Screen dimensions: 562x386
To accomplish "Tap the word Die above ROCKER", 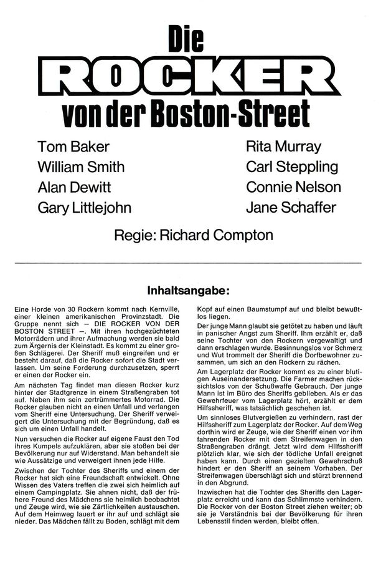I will [186, 41].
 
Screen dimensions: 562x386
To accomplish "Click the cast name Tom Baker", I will [73, 147].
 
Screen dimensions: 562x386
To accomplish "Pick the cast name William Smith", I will [81, 167].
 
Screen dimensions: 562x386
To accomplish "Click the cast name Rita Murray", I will [283, 147].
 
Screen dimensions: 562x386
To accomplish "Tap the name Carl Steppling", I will [292, 167].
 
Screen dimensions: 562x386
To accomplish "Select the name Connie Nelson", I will [293, 187].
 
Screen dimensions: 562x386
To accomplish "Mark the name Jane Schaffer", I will [291, 208].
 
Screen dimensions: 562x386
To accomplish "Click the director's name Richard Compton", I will [217, 235].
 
